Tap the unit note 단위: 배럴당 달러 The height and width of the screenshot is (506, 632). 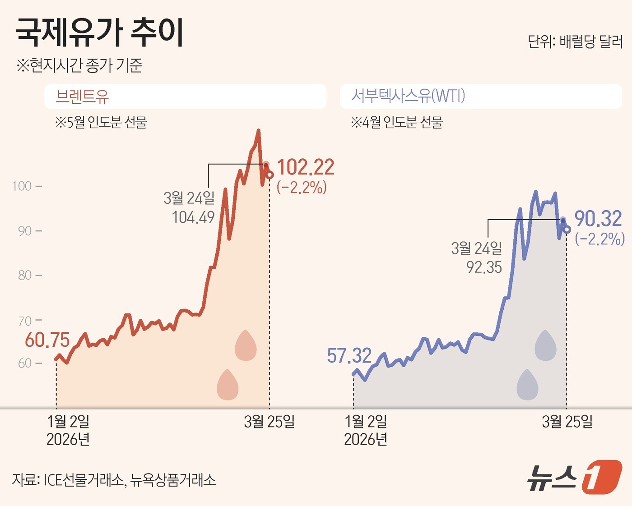575,42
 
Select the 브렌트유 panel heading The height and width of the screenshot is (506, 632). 82,96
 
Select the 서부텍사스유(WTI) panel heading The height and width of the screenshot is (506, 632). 408,96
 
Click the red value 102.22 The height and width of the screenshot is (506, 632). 306,167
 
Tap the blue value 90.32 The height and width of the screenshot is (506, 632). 598,219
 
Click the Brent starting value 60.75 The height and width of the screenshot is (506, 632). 47,340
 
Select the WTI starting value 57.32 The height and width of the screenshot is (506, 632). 349,356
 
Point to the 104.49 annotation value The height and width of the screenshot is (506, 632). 193,217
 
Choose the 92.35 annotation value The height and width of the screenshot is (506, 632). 484,267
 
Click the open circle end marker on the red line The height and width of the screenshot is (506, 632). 270,175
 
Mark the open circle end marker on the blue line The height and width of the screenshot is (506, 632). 567,230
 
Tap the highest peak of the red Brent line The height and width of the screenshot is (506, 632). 258,131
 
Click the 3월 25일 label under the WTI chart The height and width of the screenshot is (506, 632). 567,422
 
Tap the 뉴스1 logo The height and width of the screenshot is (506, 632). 574,477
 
